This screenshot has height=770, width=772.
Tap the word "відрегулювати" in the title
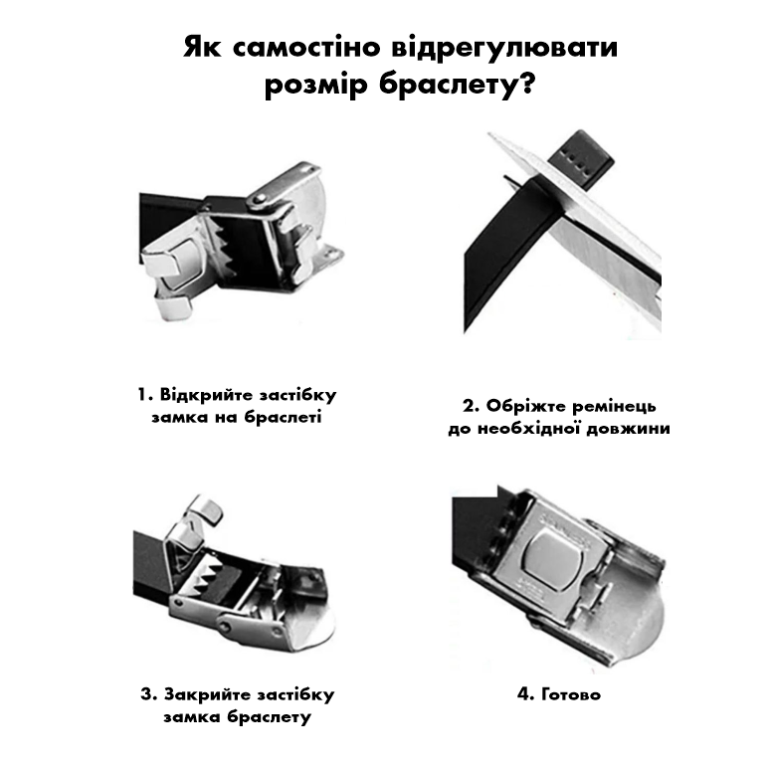coord(504,48)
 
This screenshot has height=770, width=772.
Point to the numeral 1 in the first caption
coord(142,395)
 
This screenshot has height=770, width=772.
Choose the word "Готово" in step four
coord(571,694)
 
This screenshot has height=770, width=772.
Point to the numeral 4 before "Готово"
coord(524,694)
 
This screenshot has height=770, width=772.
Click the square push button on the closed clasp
coord(553,560)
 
